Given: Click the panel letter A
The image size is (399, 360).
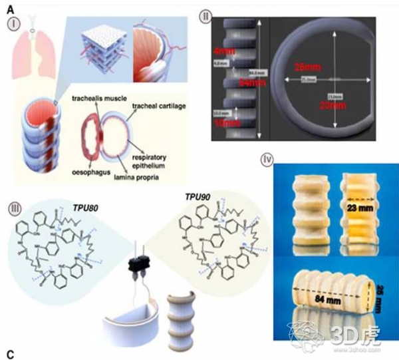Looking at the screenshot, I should click(8, 5).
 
